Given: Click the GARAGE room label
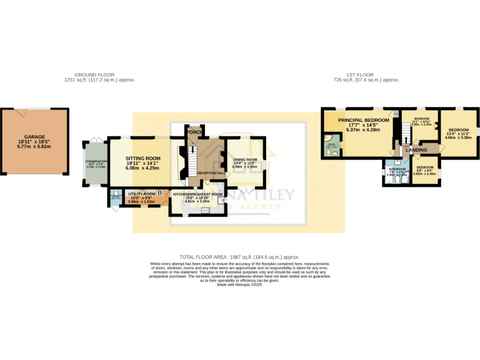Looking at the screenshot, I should tap(35, 136).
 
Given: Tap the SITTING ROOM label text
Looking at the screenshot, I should tap(143, 159).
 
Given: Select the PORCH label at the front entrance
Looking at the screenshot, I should tap(192, 132).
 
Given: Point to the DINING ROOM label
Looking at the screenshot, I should tap(245, 160).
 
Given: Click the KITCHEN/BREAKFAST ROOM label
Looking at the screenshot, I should tap(198, 194).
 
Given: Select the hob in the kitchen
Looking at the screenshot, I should tap(204, 210).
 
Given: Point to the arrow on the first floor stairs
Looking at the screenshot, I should tap(404, 140).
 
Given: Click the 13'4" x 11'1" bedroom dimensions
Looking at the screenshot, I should tap(458, 134).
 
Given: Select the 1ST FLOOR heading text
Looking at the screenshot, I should tap(366, 75).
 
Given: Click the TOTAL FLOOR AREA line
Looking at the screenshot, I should tap(240, 257).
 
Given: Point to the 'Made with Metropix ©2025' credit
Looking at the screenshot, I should tap(240, 284).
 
